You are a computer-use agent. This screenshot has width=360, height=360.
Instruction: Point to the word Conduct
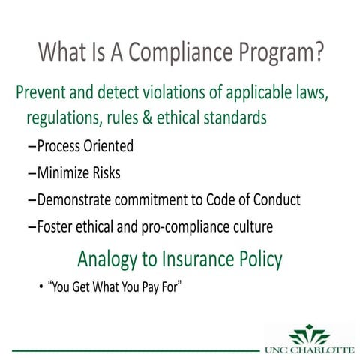[x=274, y=200]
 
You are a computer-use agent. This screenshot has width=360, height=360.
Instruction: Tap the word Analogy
[x=109, y=259]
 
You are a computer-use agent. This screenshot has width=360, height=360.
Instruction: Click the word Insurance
[x=196, y=259]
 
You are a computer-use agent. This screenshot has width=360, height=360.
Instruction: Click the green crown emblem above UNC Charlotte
[x=309, y=333]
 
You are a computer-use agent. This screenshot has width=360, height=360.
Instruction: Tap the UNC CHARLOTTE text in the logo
[x=309, y=349]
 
